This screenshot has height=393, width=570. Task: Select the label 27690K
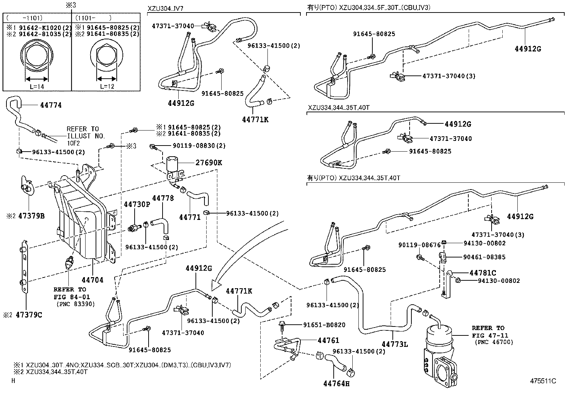tap(209, 163)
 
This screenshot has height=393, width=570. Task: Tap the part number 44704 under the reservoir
tap(92, 280)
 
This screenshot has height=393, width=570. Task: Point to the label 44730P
tap(137, 204)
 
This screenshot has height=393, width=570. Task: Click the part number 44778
tap(163, 198)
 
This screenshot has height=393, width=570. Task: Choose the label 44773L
tap(395, 344)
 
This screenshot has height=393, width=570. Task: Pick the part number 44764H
tap(336, 384)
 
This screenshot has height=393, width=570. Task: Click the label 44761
tap(328, 340)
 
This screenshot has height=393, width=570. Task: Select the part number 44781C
tap(483, 273)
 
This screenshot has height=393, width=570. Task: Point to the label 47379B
tap(32, 216)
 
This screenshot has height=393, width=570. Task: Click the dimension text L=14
tap(37, 86)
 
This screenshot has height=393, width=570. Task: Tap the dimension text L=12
tap(107, 86)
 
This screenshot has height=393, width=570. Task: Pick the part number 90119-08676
tap(419, 245)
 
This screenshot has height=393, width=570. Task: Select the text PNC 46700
tap(494, 342)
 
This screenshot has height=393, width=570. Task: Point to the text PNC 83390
tap(75, 304)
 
